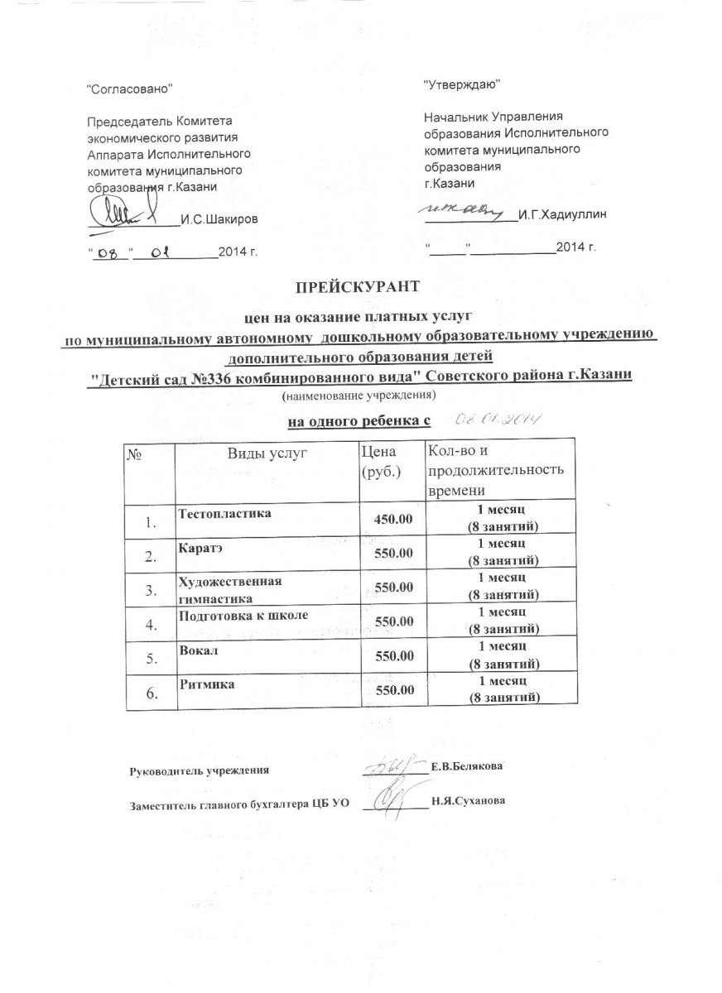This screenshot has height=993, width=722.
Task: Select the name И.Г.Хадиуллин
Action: click(x=561, y=215)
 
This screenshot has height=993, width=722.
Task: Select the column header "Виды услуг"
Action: click(x=267, y=452)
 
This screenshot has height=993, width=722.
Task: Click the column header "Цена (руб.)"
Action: click(x=381, y=462)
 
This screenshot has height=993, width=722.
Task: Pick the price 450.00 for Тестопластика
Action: click(x=394, y=518)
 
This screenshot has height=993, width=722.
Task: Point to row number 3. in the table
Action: click(x=150, y=590)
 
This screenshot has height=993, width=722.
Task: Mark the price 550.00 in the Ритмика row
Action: click(x=394, y=690)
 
